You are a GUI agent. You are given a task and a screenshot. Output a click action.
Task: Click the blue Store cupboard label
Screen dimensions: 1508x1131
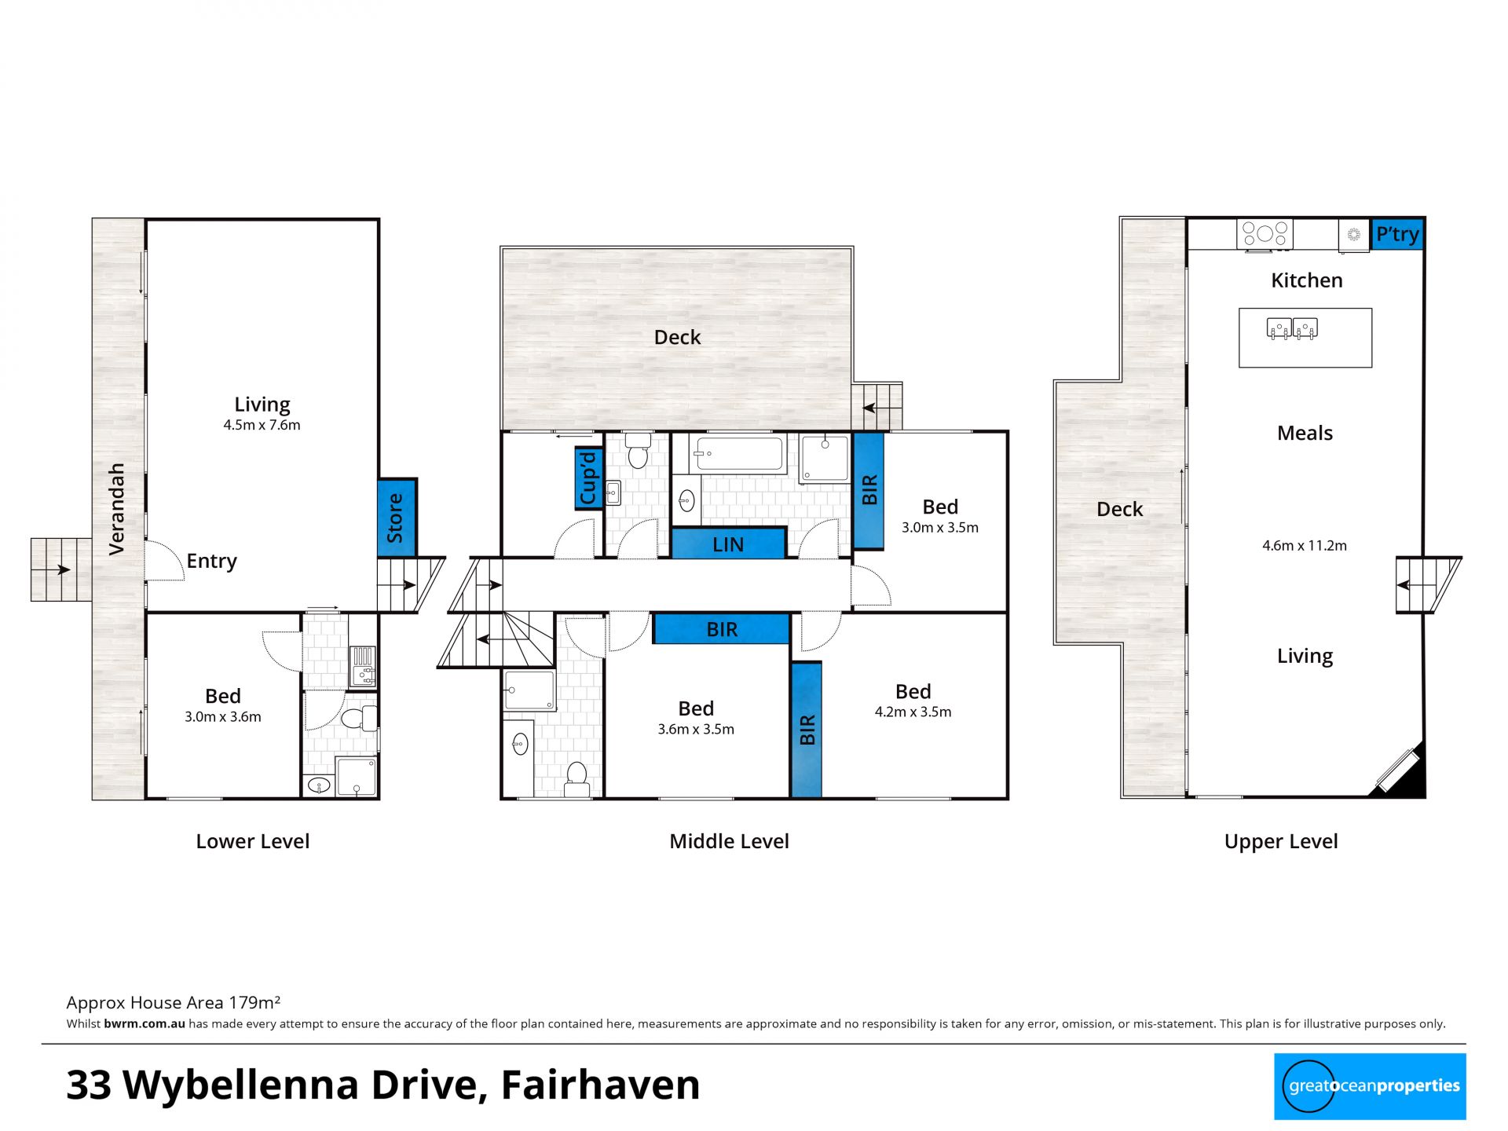click(396, 518)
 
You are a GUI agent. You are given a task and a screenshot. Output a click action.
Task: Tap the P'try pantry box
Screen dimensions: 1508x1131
click(1397, 234)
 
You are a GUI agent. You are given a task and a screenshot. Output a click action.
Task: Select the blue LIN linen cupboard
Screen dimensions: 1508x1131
click(728, 544)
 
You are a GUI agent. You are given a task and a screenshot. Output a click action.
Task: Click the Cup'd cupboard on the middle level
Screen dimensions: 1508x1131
click(588, 478)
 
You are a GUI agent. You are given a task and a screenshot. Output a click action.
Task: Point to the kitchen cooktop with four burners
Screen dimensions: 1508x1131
click(1265, 233)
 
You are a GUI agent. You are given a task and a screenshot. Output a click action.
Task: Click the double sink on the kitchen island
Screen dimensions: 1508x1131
click(1292, 328)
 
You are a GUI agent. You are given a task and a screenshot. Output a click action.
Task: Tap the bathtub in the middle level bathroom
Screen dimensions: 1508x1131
click(738, 454)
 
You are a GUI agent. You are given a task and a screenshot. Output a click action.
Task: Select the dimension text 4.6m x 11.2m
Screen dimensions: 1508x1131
click(1305, 546)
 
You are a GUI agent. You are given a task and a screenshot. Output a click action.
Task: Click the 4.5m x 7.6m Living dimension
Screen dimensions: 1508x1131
click(262, 425)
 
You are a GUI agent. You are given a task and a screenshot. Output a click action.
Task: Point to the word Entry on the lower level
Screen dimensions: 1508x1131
click(211, 561)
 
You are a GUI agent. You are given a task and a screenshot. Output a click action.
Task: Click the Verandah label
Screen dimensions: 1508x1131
click(116, 509)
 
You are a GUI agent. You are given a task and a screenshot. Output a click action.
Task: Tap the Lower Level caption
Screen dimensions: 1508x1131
click(253, 841)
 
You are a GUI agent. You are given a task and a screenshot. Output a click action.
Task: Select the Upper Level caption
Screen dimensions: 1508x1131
click(1281, 842)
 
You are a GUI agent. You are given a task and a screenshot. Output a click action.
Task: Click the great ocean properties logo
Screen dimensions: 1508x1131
click(1370, 1086)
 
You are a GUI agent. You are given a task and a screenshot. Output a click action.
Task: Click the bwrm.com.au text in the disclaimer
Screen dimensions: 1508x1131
click(145, 1023)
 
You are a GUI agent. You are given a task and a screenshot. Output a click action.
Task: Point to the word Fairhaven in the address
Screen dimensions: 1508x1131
click(600, 1085)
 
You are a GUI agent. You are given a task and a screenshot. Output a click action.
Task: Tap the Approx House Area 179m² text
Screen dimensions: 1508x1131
click(174, 1002)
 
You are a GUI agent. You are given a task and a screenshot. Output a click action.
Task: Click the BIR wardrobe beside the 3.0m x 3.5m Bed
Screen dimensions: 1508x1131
click(869, 490)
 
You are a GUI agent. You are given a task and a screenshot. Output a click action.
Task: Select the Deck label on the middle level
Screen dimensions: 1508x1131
click(677, 338)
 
